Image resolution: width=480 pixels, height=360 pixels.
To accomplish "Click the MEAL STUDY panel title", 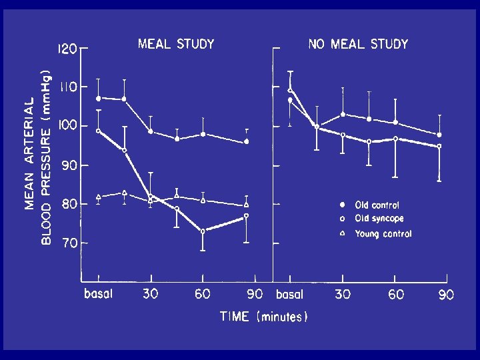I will tap(176, 45).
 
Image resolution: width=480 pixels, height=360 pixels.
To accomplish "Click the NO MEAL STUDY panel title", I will tap(358, 45).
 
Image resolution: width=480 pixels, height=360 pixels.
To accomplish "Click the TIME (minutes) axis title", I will tap(264, 317).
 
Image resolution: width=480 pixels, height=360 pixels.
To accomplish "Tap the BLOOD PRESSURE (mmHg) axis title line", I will tap(45, 157).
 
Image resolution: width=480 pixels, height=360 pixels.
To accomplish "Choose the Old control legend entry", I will tap(377, 205).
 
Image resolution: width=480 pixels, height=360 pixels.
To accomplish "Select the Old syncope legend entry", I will tap(379, 219).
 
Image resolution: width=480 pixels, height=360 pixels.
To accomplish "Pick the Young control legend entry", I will tap(383, 234).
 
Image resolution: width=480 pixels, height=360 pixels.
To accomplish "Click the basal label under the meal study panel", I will tap(98, 294).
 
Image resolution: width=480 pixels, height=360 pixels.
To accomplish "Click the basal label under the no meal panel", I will tap(289, 294).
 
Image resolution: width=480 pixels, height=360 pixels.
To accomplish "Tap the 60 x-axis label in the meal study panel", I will tap(203, 294).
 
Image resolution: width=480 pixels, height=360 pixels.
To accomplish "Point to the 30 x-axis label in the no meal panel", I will tap(343, 294).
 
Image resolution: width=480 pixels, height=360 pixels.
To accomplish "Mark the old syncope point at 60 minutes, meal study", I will tap(203, 231).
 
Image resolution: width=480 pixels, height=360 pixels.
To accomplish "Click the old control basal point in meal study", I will tap(99, 98).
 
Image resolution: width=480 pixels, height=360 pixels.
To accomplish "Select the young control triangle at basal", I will tap(99, 196).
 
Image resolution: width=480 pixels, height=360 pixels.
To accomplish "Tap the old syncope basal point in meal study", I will tap(99, 131).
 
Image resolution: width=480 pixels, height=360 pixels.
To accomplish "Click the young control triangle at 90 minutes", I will tap(247, 205).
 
